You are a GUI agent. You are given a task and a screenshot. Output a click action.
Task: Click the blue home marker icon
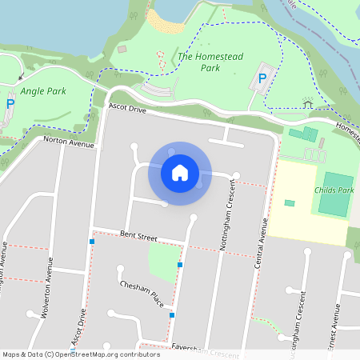click(x=180, y=173)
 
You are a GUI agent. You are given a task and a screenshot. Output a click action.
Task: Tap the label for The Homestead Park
click(x=198, y=62)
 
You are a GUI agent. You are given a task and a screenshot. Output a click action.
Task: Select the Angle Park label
click(x=43, y=91)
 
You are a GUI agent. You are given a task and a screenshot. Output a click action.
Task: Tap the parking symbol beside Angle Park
click(x=10, y=103)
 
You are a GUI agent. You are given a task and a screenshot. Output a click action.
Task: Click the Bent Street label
click(x=138, y=236)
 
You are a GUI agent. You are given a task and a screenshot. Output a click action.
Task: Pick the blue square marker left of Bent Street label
click(x=93, y=240)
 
